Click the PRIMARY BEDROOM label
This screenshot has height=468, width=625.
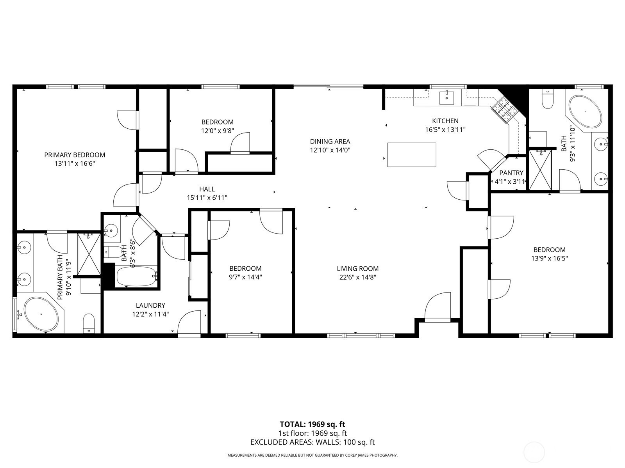click(75, 155)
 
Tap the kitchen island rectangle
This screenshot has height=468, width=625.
click(412, 155)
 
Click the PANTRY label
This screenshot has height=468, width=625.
click(511, 173)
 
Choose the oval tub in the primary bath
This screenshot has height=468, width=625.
click(41, 314)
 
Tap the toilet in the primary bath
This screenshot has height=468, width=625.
click(89, 323)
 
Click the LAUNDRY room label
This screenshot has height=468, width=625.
click(150, 305)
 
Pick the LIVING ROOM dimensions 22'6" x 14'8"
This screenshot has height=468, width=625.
click(358, 277)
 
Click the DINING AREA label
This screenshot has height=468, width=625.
click(330, 142)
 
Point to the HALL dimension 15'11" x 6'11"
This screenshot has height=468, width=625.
click(207, 197)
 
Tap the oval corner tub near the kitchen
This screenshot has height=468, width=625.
click(586, 112)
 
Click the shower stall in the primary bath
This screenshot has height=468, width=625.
click(89, 254)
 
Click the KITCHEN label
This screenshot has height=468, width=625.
click(445, 121)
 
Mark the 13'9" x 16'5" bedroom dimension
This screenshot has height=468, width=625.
click(549, 258)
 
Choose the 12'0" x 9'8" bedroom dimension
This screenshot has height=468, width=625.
click(218, 131)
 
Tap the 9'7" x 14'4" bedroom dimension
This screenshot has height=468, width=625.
click(245, 277)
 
